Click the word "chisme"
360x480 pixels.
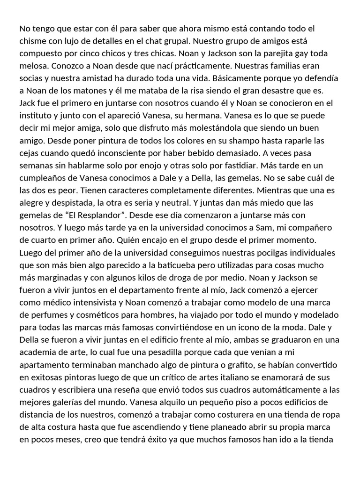tap(33, 41)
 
